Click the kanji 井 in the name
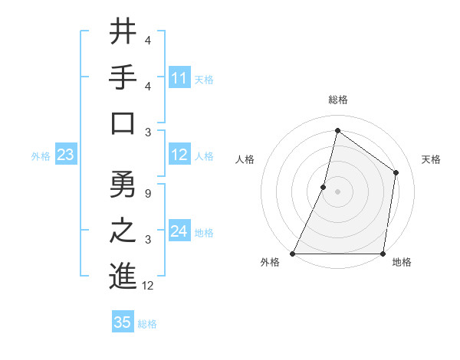tap(123, 32)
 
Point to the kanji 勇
tap(123, 184)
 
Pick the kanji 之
tap(123, 231)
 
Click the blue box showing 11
tap(179, 77)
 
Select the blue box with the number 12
tap(179, 155)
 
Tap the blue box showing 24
tap(179, 231)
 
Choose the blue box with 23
tap(66, 155)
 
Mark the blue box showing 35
tap(123, 322)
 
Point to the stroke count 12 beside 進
tap(148, 286)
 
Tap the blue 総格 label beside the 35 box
tap(147, 324)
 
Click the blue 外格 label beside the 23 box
tap(41, 156)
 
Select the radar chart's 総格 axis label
tap(337, 100)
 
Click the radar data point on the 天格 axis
tap(396, 172)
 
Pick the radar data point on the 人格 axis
tap(324, 187)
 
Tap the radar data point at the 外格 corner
tap(293, 254)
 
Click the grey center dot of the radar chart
tap(337, 191)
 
